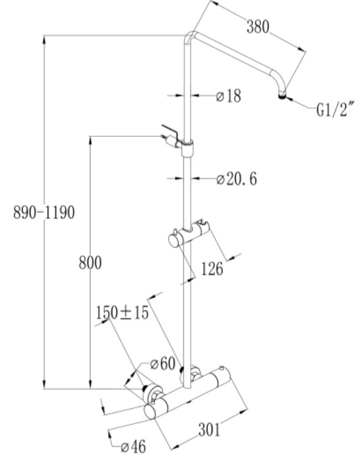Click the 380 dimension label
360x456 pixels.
[x=258, y=26]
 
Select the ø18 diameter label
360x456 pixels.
[x=229, y=96]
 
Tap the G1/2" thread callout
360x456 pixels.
[x=336, y=109]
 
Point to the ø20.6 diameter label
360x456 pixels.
[x=237, y=178]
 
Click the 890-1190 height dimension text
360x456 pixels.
[x=44, y=212]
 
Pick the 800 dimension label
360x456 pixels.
[x=90, y=263]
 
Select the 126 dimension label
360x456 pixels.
[x=212, y=269]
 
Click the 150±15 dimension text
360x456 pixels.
[x=122, y=313]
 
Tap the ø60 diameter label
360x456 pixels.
[x=163, y=364]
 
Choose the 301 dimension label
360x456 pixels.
[x=210, y=430]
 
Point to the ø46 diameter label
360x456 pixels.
[x=133, y=446]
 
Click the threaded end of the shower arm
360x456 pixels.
[x=282, y=95]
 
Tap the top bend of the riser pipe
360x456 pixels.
[x=191, y=37]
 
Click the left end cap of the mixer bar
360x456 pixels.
[x=150, y=411]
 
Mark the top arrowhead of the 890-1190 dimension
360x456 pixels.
[x=44, y=40]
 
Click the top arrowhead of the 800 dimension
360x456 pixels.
[x=90, y=140]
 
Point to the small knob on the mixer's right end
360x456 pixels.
[x=222, y=369]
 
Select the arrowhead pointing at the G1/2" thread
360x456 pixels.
[x=289, y=100]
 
